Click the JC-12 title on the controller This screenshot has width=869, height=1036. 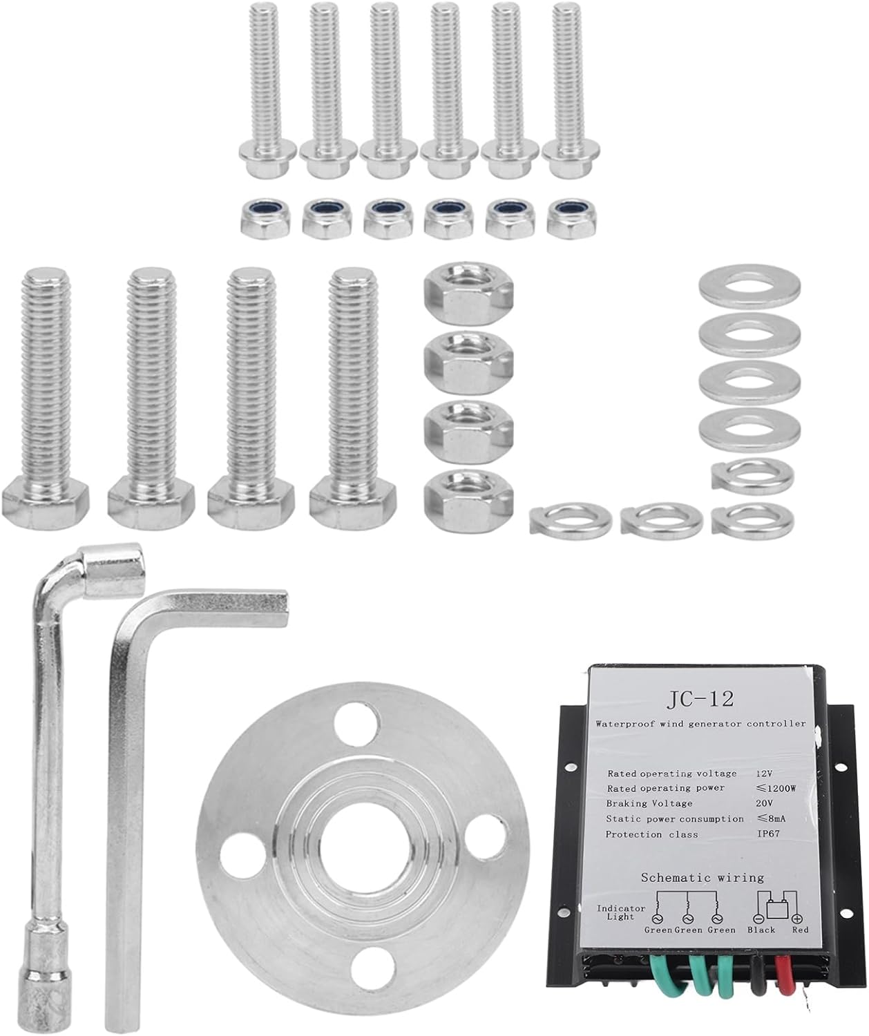(x=700, y=700)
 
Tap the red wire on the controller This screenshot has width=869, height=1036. (x=783, y=978)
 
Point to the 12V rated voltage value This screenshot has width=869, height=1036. (x=764, y=773)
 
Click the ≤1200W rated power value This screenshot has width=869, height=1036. (x=776, y=788)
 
